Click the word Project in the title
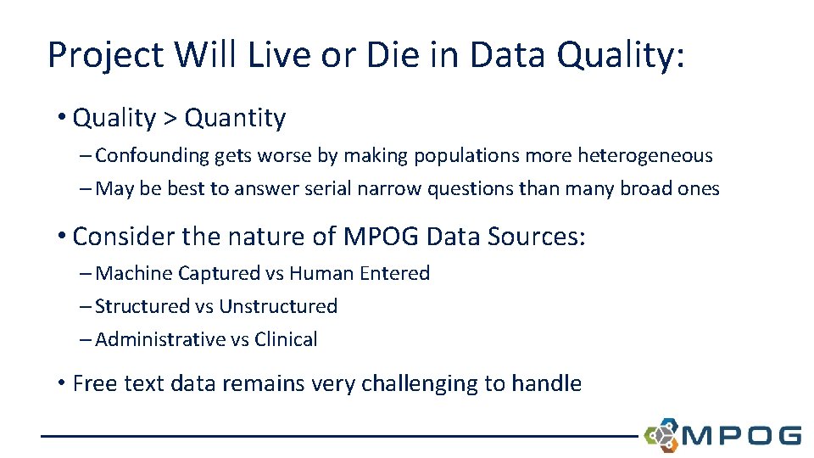pyautogui.click(x=105, y=56)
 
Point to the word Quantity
pyautogui.click(x=235, y=118)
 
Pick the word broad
pyautogui.click(x=638, y=189)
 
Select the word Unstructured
pyautogui.click(x=278, y=306)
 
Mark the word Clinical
pyautogui.click(x=286, y=339)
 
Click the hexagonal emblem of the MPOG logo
pyautogui.click(x=661, y=434)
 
